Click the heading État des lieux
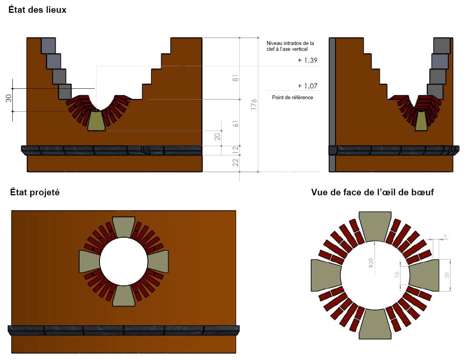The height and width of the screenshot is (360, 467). pyautogui.click(x=37, y=10)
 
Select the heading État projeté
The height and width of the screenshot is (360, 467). pyautogui.click(x=35, y=192)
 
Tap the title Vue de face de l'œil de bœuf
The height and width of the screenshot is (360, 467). pyautogui.click(x=372, y=192)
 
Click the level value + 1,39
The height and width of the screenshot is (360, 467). pyautogui.click(x=308, y=60)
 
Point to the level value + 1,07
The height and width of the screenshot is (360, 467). pyautogui.click(x=308, y=86)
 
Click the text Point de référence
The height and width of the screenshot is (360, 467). pyautogui.click(x=292, y=97)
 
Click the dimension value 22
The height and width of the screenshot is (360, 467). pyautogui.click(x=235, y=163)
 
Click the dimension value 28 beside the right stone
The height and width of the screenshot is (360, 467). pyautogui.click(x=446, y=275)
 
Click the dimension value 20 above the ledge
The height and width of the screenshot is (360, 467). pyautogui.click(x=217, y=136)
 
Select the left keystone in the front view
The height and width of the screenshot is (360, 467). pyautogui.click(x=325, y=276)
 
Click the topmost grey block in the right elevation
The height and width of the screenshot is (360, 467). pyautogui.click(x=442, y=45)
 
